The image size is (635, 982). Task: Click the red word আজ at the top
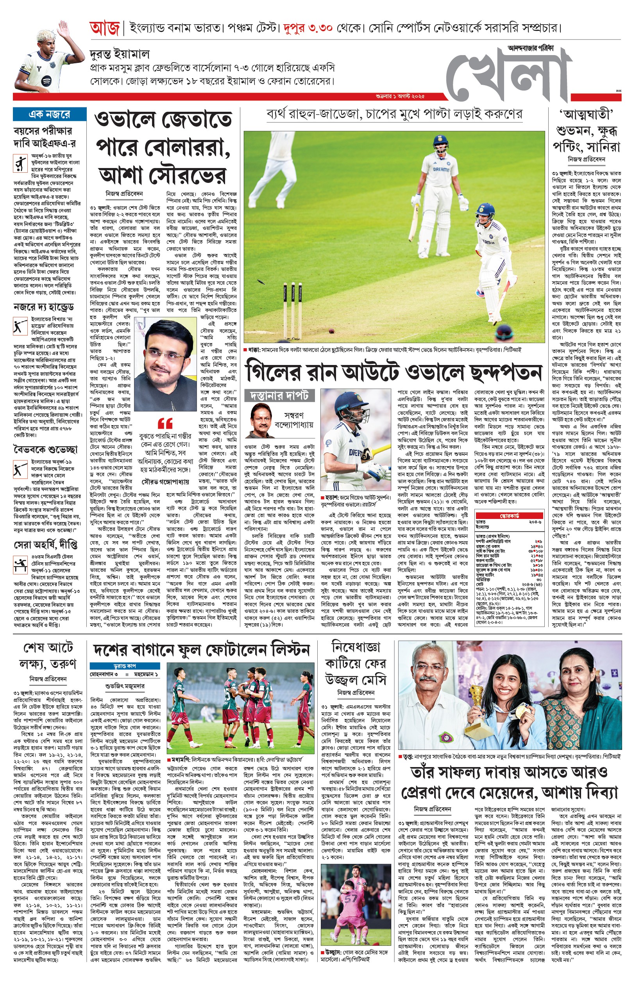pos(104,29)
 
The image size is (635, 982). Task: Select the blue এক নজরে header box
pos(50,114)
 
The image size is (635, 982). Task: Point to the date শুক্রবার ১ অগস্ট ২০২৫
pos(400,97)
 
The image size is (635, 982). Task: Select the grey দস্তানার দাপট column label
pos(279,395)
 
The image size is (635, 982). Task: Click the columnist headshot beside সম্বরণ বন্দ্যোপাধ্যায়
pos(260,420)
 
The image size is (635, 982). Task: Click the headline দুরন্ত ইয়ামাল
pos(120,54)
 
